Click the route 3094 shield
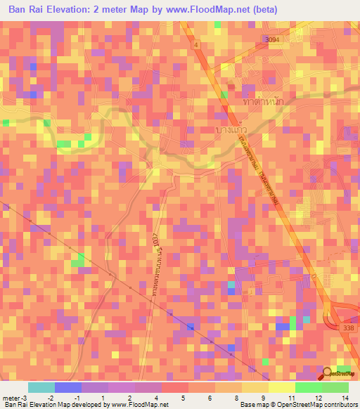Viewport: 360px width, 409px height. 272,40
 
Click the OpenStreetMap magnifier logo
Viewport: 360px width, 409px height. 328,373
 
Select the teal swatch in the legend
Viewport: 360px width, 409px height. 41,387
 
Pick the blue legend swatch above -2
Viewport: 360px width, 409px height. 68,387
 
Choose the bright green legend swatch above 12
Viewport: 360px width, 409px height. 309,387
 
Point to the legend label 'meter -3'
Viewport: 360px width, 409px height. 16,397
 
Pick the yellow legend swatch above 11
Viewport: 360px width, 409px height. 282,387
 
